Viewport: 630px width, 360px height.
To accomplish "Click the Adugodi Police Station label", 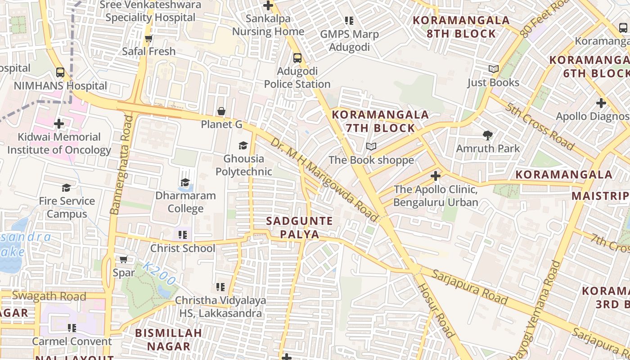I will (297, 78).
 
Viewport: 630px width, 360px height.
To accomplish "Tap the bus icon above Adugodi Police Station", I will (297, 58).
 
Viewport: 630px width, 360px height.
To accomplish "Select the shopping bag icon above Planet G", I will (221, 111).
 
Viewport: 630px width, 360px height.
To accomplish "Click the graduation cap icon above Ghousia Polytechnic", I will (243, 145).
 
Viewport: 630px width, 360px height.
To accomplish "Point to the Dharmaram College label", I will (185, 202).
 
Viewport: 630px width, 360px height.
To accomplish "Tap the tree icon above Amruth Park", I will (487, 135).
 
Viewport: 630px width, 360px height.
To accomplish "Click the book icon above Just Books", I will (494, 69).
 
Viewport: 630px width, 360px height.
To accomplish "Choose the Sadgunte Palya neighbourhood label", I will (299, 228).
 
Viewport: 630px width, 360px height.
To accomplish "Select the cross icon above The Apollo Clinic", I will (435, 176).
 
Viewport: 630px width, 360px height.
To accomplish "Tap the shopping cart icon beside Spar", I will (123, 259).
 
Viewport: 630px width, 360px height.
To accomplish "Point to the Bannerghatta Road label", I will (121, 165).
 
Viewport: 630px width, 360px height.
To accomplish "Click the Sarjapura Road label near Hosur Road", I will (470, 287).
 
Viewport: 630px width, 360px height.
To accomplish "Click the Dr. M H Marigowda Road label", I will (324, 180).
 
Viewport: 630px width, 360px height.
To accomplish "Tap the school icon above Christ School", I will (182, 235).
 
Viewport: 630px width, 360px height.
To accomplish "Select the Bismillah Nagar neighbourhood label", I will (169, 340).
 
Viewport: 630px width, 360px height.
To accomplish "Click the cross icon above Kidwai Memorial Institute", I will (58, 123).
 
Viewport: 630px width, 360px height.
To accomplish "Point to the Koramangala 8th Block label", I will (461, 27).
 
